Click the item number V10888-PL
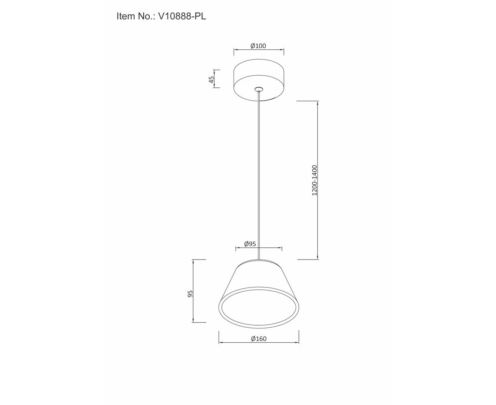tap(182, 16)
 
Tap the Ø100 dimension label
tap(258, 46)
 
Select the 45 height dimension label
tap(211, 79)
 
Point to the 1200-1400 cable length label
tap(314, 180)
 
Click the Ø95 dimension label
tap(250, 244)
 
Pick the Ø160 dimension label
tap(259, 339)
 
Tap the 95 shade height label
tap(190, 294)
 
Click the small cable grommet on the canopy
tap(259, 89)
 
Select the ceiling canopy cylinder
tap(259, 80)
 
